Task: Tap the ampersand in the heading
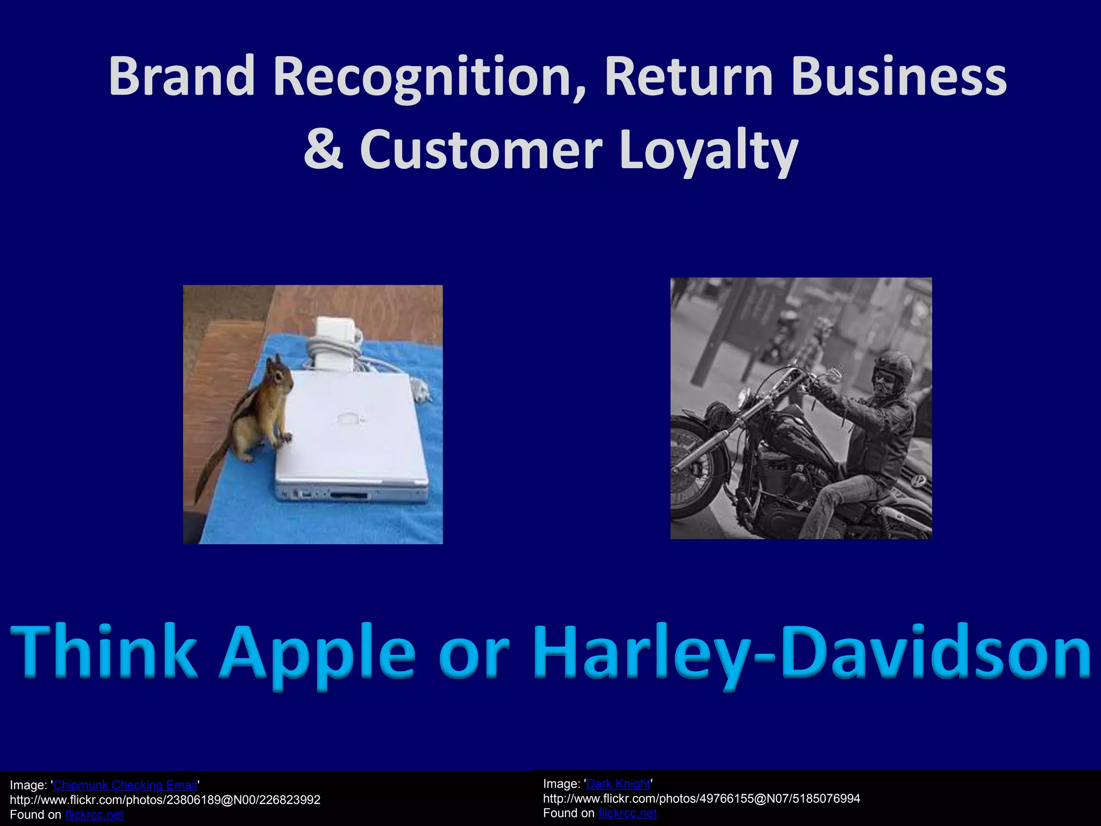323,149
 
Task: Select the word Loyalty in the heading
708,151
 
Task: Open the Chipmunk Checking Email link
125,785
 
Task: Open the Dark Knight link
618,784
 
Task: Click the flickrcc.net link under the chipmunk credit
94,815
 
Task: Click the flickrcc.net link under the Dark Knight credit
627,813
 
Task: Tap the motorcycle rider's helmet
893,366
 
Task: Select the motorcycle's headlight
744,398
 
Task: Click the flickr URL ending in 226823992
165,800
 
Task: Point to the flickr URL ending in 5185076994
702,799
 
